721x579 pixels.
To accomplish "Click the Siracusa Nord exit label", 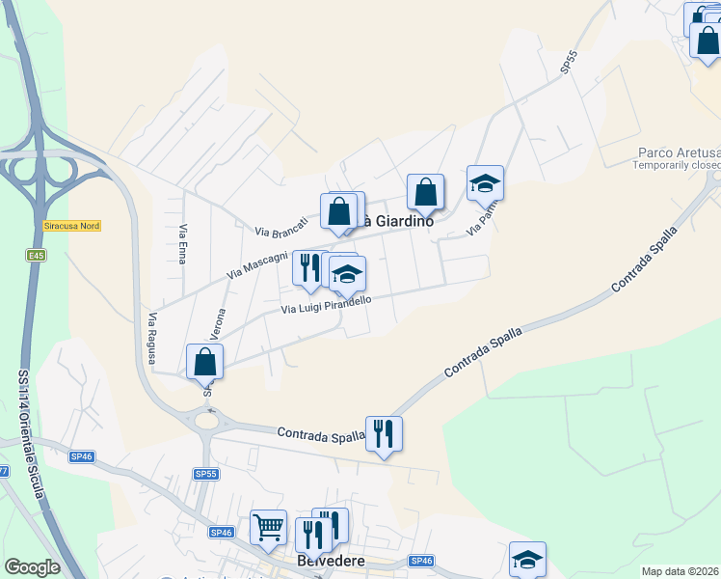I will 72,226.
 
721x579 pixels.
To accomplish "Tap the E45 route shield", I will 37,255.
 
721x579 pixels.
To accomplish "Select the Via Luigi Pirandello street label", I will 326,304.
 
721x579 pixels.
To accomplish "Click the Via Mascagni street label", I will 257,265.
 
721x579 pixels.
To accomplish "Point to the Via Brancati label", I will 281,227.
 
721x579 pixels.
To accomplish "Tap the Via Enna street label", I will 182,245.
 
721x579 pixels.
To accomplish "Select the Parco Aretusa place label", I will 679,153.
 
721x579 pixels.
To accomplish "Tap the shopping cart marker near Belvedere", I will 268,527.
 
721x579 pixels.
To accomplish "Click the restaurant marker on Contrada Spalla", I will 385,433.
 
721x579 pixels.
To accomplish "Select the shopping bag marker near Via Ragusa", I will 204,362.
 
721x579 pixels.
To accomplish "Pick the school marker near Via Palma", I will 485,182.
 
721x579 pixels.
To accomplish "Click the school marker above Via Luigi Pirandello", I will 347,274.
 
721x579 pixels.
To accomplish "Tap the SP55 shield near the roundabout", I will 206,474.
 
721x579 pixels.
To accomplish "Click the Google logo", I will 32,567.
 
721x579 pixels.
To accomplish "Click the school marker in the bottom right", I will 527,559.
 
